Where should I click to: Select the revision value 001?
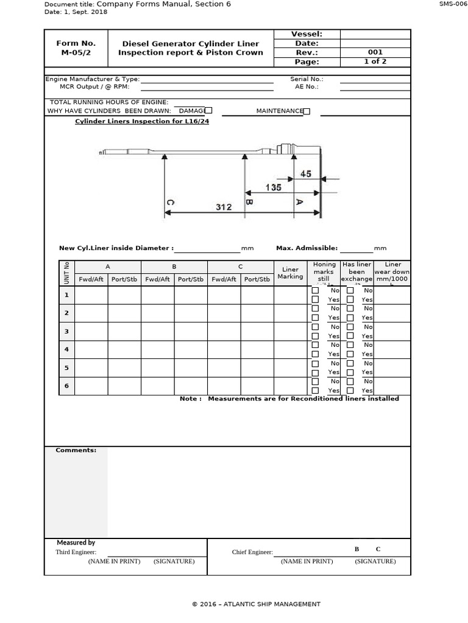[x=375, y=52]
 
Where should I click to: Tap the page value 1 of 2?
[x=375, y=61]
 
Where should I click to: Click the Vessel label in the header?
[x=307, y=34]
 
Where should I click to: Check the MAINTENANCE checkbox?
[x=307, y=111]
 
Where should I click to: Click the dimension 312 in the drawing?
[x=224, y=207]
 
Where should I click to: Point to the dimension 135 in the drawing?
[x=273, y=187]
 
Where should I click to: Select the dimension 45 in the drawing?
[x=305, y=174]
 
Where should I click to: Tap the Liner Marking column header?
[x=290, y=273]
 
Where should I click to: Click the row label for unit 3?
[x=66, y=331]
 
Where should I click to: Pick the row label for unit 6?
[x=66, y=386]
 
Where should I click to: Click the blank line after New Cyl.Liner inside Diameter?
[x=207, y=249]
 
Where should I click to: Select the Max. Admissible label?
[x=307, y=248]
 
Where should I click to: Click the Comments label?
[x=76, y=450]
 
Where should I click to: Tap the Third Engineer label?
[x=76, y=552]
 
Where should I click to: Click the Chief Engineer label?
[x=252, y=552]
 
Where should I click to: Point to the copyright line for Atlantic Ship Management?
[x=256, y=604]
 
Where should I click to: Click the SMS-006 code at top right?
[x=453, y=4]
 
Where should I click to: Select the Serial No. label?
[x=307, y=79]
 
